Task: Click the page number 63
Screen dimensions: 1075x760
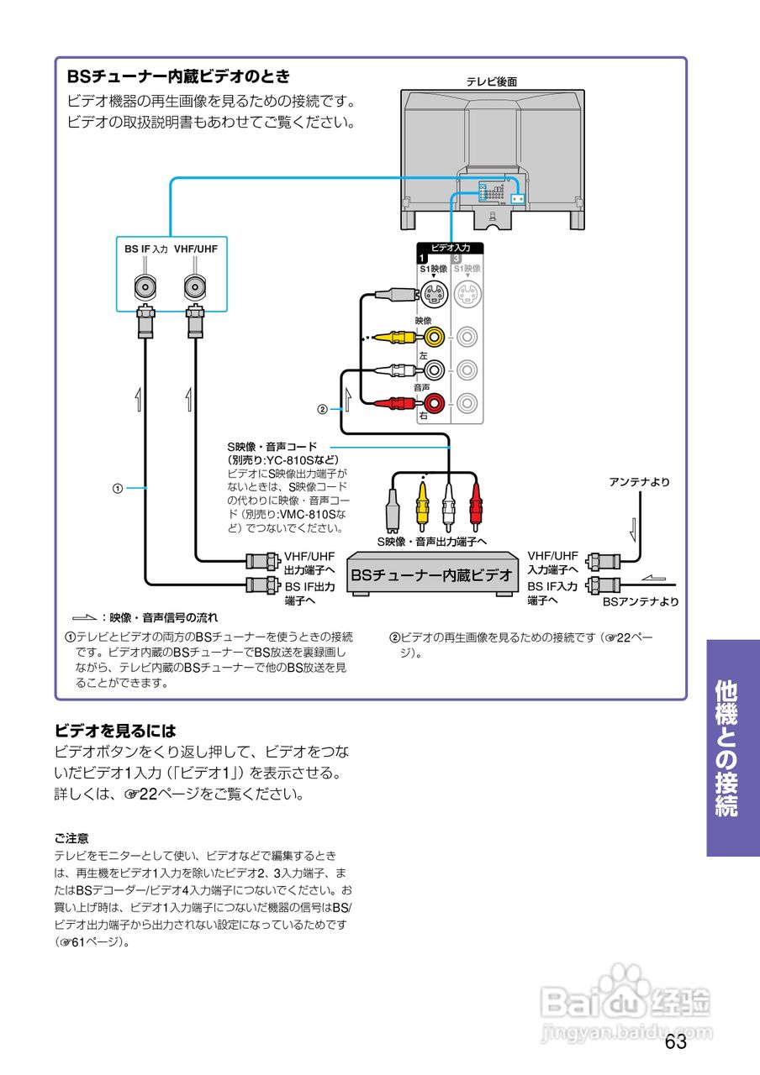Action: click(675, 1042)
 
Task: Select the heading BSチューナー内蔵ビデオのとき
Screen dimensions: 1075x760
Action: click(178, 76)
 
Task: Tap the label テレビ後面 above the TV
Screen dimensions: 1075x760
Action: click(491, 81)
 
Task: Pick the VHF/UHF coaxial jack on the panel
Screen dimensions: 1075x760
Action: click(196, 287)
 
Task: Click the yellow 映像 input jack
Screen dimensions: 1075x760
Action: click(434, 338)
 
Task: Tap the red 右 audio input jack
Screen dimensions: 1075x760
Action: click(434, 404)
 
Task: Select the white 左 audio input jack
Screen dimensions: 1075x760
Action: click(434, 370)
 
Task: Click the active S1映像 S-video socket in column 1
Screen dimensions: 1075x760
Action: click(434, 295)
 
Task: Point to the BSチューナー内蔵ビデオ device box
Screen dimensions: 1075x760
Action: click(431, 575)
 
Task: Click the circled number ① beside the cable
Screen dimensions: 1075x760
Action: click(119, 487)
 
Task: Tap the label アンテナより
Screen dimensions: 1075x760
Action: click(639, 482)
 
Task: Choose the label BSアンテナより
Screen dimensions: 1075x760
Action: click(640, 601)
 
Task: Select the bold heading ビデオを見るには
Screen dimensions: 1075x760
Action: click(115, 731)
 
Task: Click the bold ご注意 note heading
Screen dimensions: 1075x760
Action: click(72, 838)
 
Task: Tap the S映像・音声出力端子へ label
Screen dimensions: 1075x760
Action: click(432, 542)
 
